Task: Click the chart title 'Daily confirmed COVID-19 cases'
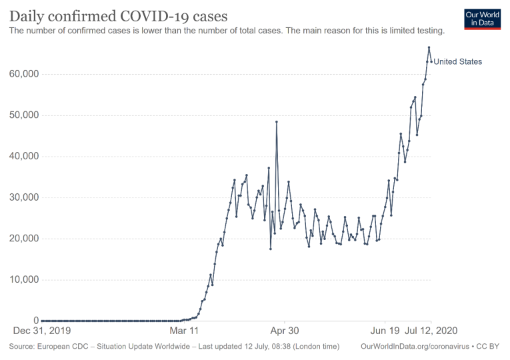coord(118,15)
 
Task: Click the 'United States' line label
coord(458,62)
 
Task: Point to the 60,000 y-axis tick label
coord(22,74)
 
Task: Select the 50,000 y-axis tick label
coord(22,115)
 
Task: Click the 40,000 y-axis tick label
coord(22,156)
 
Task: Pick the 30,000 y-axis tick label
coord(22,197)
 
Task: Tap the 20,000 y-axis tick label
coord(22,239)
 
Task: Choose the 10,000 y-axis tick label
coord(22,279)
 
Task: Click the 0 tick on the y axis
coord(33,321)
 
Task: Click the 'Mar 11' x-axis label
coord(184,330)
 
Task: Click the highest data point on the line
coord(429,47)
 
